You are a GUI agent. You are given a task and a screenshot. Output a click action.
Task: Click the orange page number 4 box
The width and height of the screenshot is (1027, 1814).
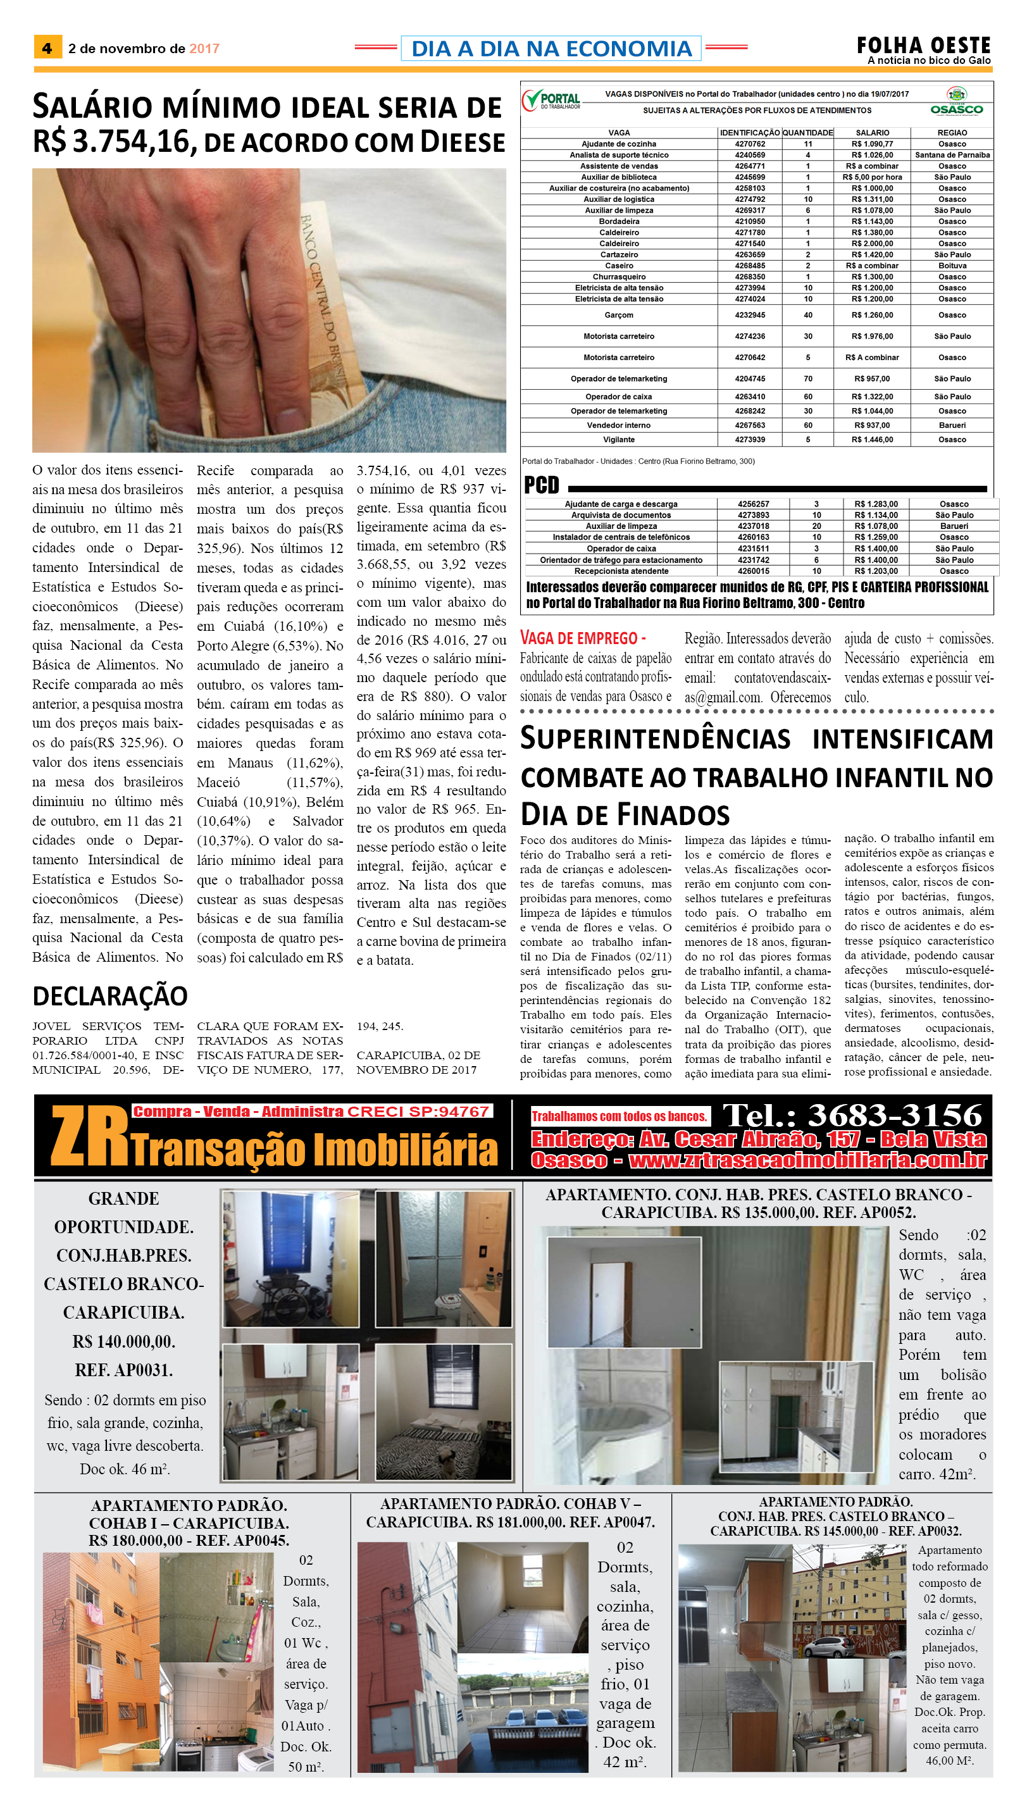[x=47, y=48]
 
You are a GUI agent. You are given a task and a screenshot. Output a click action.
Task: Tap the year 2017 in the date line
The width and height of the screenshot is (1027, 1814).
[x=204, y=49]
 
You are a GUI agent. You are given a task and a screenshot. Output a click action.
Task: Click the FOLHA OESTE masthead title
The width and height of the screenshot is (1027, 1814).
[x=923, y=46]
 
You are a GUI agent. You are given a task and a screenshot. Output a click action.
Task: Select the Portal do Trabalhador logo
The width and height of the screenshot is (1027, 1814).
[x=551, y=101]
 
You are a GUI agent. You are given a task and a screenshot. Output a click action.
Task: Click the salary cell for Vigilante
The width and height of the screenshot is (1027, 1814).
[x=872, y=439]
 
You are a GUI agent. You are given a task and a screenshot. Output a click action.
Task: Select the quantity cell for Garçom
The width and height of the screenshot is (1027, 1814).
[x=807, y=315]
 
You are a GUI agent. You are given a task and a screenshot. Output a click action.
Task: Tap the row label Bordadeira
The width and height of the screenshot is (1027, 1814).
[x=619, y=221]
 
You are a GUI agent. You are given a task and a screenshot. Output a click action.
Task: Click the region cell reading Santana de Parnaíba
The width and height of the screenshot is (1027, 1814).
[x=952, y=155]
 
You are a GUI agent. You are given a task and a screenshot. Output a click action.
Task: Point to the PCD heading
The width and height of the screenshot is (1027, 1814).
[x=541, y=485]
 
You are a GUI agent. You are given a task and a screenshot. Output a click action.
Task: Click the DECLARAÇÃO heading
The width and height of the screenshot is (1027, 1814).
[x=110, y=996]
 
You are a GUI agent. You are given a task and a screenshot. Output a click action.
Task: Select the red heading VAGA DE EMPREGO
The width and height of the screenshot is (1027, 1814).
[x=583, y=638]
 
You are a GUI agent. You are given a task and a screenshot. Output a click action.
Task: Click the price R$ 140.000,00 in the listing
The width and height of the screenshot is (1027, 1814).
[x=123, y=1341]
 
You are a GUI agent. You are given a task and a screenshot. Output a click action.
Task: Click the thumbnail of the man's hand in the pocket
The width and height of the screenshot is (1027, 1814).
[x=269, y=310]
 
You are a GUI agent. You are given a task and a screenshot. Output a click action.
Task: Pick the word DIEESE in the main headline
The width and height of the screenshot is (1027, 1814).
[x=463, y=142]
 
